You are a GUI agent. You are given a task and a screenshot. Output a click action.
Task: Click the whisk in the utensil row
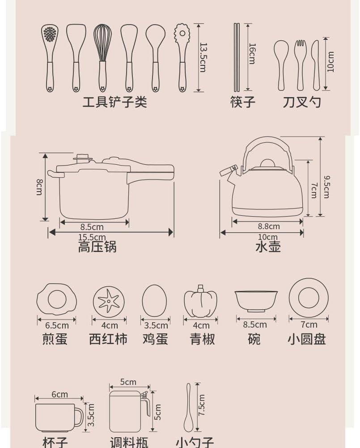tap(101, 57)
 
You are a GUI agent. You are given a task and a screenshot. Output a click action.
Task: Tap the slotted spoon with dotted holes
tap(50, 57)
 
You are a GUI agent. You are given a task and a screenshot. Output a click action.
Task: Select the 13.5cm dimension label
tap(203, 57)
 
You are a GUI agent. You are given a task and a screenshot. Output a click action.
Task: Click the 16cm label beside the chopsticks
tap(252, 54)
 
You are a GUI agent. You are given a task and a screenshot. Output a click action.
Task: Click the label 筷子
tap(243, 102)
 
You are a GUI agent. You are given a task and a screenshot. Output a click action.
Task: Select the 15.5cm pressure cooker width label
tap(92, 237)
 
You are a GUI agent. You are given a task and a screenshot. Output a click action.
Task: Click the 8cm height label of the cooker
tap(39, 187)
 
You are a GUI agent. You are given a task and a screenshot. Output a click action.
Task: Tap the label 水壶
tap(268, 247)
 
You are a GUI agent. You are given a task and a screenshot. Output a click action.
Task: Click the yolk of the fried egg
tap(57, 299)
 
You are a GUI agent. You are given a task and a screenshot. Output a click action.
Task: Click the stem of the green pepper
tap(201, 288)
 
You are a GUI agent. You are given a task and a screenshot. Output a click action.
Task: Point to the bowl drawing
tap(256, 301)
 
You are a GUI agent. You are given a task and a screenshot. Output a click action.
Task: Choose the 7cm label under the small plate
tap(309, 324)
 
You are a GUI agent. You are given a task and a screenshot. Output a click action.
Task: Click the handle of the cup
tap(79, 416)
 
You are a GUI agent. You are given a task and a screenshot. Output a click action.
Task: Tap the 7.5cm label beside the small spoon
tap(201, 405)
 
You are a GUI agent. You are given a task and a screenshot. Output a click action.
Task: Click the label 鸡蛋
tap(155, 339)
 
